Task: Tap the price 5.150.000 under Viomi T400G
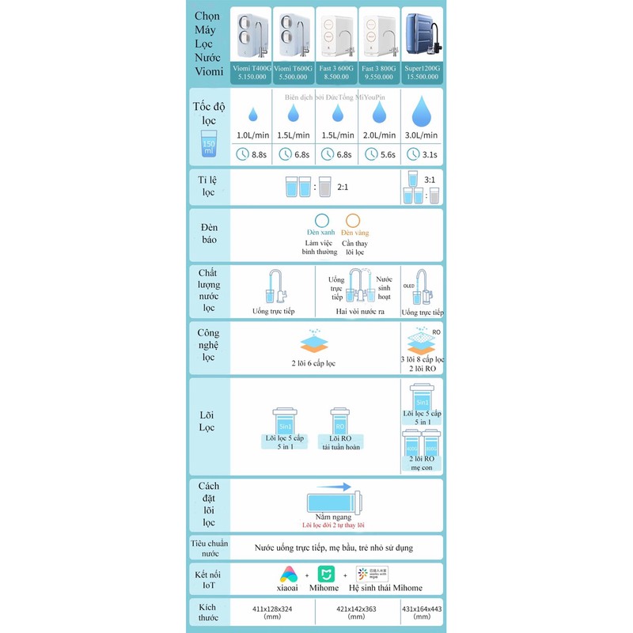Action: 253,78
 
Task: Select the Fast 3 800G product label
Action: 380,68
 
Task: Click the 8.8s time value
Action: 258,155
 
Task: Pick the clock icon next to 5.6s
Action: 368,154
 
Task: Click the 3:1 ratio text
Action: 430,180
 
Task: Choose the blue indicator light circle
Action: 321,222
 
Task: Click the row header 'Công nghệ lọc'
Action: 209,346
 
